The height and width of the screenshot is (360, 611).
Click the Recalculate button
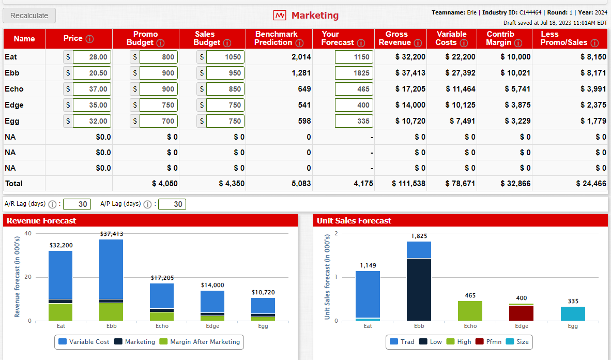click(29, 16)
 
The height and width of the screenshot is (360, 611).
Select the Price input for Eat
click(91, 57)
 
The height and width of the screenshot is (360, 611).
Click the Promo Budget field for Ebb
click(158, 73)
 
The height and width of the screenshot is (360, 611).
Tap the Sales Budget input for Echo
click(225, 89)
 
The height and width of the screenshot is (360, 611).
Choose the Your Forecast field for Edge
click(354, 105)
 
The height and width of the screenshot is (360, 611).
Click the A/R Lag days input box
click(78, 204)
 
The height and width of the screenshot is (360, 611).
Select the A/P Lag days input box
click(172, 204)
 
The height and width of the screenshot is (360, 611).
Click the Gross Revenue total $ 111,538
click(408, 184)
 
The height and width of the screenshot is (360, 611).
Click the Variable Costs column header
click(451, 38)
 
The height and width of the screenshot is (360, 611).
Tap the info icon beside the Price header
click(89, 39)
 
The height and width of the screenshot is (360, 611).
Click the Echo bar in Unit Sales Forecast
click(470, 310)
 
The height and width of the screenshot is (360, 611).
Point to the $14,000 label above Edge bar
click(212, 285)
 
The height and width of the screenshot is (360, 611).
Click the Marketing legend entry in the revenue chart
click(135, 342)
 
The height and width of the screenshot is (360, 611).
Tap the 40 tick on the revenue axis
click(28, 234)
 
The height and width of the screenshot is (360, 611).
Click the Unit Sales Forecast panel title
click(354, 221)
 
